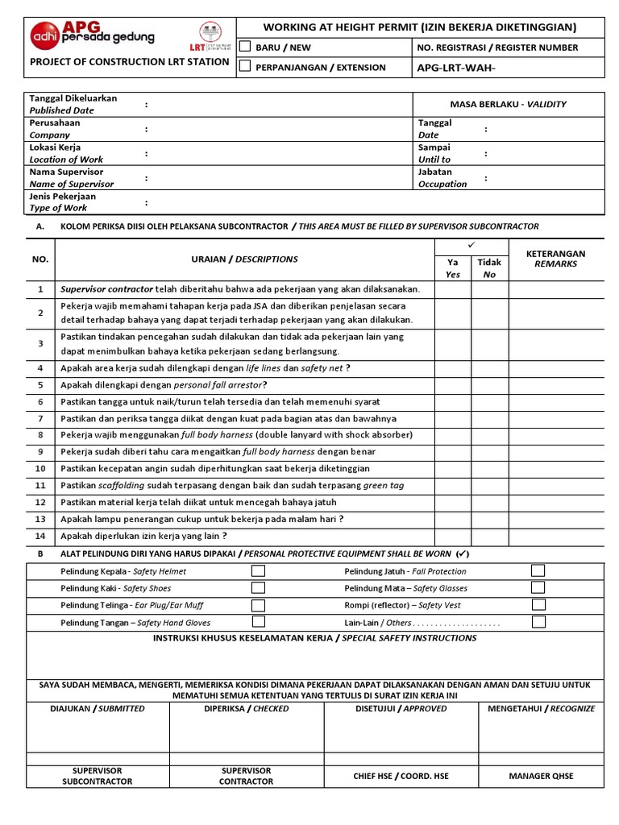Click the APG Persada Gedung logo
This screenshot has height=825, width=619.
[x=92, y=34]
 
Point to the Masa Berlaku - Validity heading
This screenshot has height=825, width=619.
[x=508, y=104]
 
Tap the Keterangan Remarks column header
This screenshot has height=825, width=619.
[x=555, y=259]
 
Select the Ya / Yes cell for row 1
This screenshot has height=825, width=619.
[x=453, y=288]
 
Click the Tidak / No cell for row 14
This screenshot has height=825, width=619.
[x=489, y=536]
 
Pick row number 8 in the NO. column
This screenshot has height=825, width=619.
[x=40, y=435]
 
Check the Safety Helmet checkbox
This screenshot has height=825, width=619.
[x=258, y=570]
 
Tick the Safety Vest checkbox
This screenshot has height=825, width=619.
[x=538, y=604]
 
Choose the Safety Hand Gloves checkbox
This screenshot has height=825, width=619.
[x=258, y=622]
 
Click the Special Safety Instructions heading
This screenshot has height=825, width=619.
[x=314, y=638]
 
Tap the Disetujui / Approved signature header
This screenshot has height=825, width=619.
[x=401, y=708]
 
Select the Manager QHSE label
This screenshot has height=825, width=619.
[x=541, y=776]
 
